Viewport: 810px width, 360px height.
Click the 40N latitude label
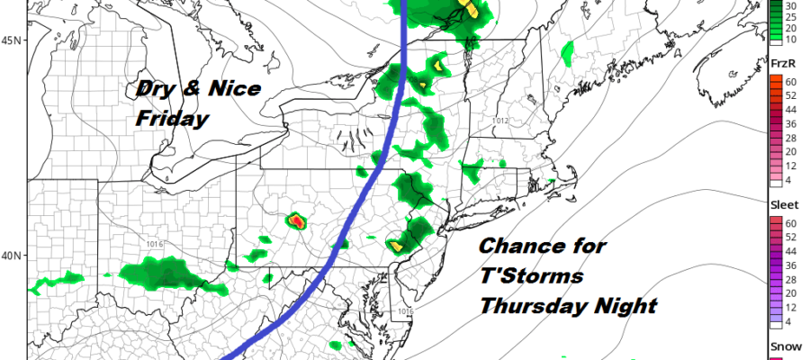click(x=13, y=256)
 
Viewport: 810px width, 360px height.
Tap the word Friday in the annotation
click(x=171, y=119)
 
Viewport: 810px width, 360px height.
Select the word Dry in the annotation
click(x=155, y=90)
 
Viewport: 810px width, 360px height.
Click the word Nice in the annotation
click(x=231, y=90)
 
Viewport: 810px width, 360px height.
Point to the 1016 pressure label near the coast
click(x=404, y=311)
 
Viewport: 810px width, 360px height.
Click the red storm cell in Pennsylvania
click(x=296, y=220)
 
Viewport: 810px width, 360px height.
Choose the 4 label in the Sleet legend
click(x=797, y=320)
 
